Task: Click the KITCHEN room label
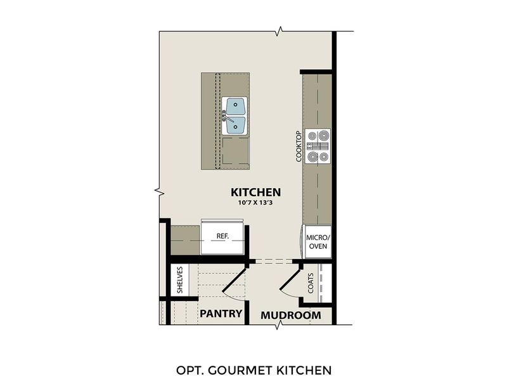(255, 192)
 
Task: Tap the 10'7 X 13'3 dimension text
(255, 203)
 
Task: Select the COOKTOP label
(298, 147)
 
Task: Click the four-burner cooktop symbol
(318, 145)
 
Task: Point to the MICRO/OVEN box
(317, 241)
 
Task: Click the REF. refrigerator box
(222, 236)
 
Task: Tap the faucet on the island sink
(226, 116)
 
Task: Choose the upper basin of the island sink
(236, 105)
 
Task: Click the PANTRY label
(221, 314)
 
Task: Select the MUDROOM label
(291, 314)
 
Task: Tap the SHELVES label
(179, 280)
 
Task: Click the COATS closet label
(311, 283)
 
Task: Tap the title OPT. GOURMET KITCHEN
(253, 369)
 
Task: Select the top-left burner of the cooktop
(312, 135)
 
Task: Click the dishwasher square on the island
(235, 152)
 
